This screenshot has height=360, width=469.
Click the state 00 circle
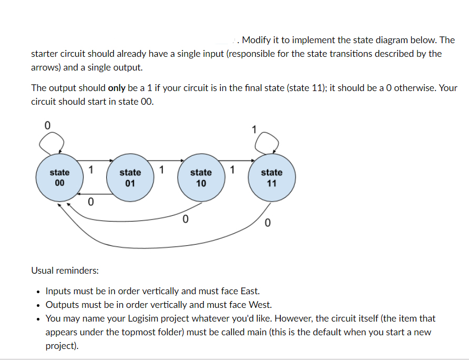click(x=59, y=177)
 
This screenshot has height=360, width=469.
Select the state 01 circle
click(x=130, y=177)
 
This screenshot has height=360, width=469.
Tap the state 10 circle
click(x=200, y=177)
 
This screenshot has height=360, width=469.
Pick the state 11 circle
click(x=271, y=177)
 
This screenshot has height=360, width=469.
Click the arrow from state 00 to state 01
click(x=94, y=161)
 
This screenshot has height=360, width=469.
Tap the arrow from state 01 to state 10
click(x=165, y=161)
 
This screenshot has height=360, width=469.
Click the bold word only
click(x=116, y=88)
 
